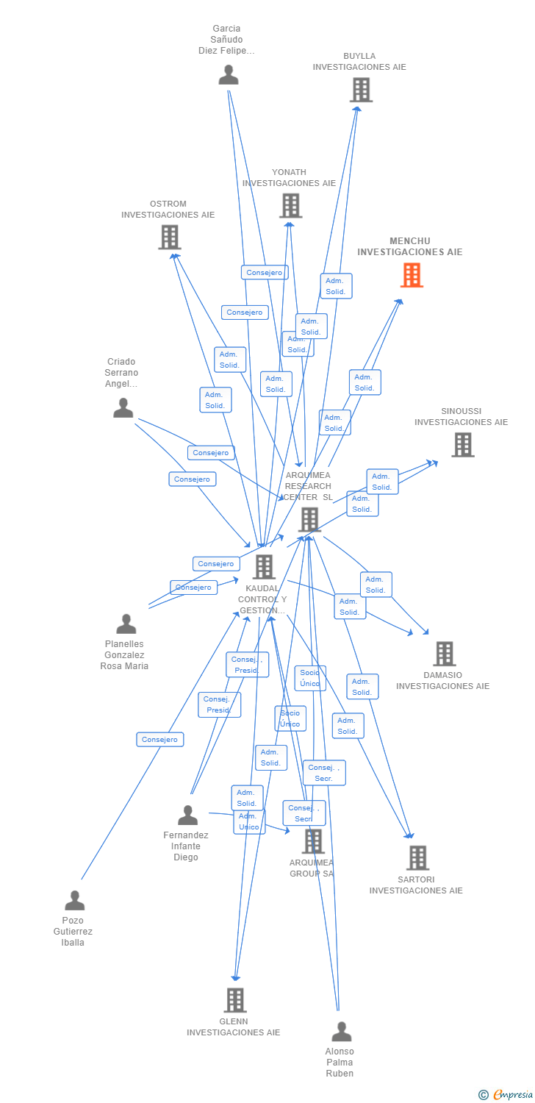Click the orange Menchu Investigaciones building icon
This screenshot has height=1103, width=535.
(412, 275)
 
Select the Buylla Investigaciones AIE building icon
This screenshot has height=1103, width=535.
(361, 90)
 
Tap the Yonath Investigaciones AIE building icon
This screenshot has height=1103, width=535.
(291, 206)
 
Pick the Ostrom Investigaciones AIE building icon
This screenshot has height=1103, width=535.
(170, 238)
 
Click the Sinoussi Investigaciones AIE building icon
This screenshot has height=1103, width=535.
(462, 445)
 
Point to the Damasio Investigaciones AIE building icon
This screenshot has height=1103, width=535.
(444, 654)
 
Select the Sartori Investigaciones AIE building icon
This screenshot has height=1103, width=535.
(417, 857)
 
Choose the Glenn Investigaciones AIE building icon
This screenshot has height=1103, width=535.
(235, 1000)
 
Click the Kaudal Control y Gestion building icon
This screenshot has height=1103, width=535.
(264, 567)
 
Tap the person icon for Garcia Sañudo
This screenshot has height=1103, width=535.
(229, 75)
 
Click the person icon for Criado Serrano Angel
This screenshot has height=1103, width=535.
(123, 408)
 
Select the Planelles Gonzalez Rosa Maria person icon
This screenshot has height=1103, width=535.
(126, 624)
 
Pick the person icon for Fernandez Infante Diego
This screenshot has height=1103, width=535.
(187, 815)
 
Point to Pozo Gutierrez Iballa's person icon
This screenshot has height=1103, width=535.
(75, 901)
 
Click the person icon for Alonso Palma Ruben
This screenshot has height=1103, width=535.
(341, 1032)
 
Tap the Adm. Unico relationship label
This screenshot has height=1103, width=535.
(249, 822)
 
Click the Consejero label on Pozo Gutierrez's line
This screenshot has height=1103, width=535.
(160, 739)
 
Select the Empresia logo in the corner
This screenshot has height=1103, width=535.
(506, 1095)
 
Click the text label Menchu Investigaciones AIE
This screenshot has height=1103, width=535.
(410, 246)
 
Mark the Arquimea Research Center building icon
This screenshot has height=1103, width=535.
(309, 520)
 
